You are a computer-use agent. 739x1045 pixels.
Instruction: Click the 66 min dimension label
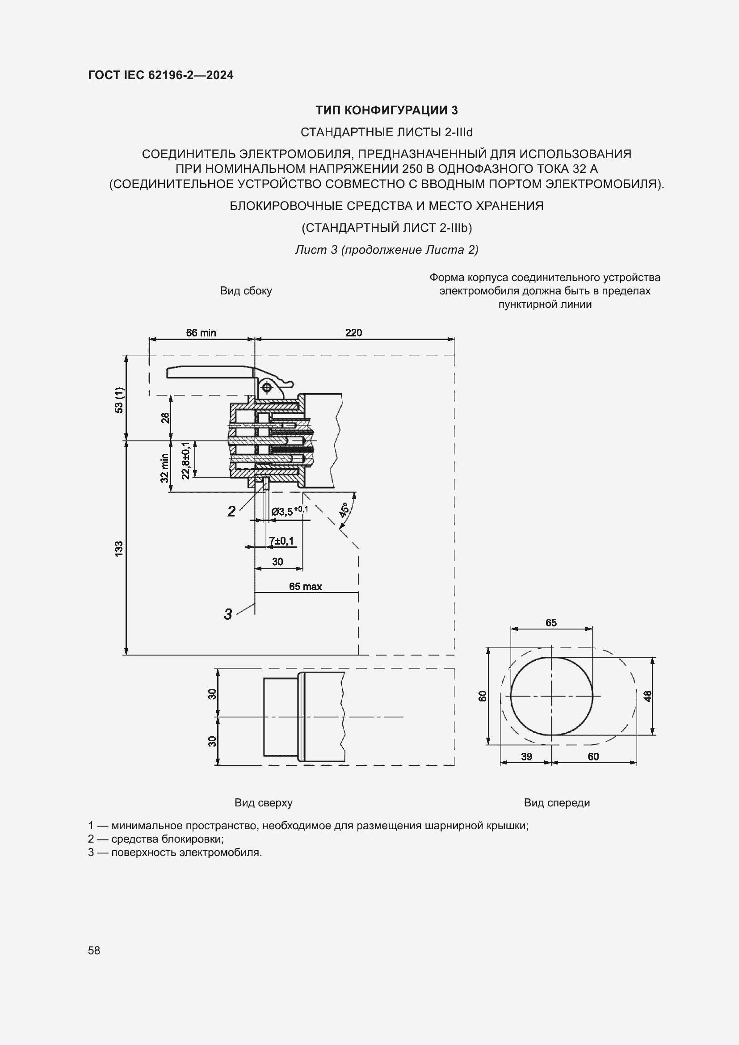point(201,333)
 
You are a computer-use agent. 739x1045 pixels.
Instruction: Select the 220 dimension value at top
point(353,333)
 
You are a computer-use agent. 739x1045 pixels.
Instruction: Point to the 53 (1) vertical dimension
point(119,400)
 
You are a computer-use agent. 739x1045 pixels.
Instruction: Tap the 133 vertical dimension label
point(119,550)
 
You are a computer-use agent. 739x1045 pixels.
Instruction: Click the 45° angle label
point(344,510)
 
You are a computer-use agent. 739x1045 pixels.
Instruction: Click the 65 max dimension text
point(305,587)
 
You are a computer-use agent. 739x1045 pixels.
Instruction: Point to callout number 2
point(231,512)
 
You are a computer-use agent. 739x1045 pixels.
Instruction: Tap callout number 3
point(227,614)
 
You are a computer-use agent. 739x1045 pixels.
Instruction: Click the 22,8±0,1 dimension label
point(186,460)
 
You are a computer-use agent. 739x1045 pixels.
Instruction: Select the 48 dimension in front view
point(647,697)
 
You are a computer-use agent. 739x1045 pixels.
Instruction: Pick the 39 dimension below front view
point(526,757)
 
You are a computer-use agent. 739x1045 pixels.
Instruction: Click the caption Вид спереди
point(557,803)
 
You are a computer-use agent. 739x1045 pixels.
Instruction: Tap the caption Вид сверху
point(263,803)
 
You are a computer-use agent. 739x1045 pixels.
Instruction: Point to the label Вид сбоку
point(246,291)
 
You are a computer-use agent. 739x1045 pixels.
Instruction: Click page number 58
point(94,950)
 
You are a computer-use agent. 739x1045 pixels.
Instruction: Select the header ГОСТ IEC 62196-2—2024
point(161,75)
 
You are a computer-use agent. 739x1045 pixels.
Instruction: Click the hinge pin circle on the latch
point(267,387)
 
